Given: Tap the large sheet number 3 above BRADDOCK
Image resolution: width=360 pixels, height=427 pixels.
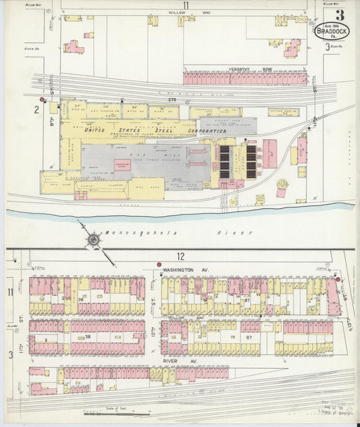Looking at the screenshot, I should point(338,14).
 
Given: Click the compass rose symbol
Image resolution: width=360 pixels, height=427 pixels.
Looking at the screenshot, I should point(92,239).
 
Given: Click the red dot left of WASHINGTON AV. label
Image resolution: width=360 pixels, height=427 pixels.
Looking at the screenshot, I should point(158,264).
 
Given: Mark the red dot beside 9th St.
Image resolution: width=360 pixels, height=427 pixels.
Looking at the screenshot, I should point(42,99).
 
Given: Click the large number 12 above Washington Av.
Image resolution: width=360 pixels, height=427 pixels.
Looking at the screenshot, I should point(180,256).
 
